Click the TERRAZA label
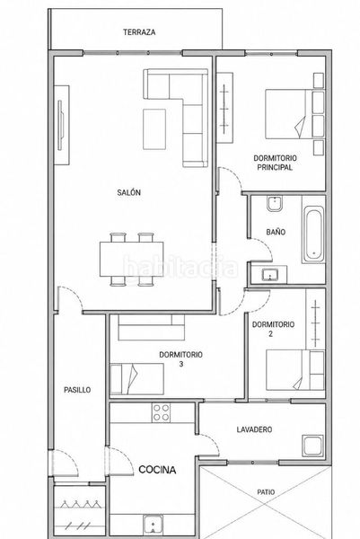(x=139, y=32)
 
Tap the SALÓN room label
(x=128, y=192)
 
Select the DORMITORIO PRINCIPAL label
(x=275, y=163)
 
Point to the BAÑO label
(x=276, y=232)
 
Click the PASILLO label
(x=77, y=390)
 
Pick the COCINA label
(x=157, y=470)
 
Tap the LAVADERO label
(x=254, y=429)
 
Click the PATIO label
(x=267, y=492)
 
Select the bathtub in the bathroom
(x=313, y=234)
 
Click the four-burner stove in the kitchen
(x=161, y=412)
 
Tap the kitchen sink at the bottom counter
(x=153, y=525)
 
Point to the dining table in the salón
(x=132, y=260)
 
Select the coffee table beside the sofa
(x=154, y=129)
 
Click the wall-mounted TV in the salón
(x=60, y=125)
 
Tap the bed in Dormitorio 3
(x=136, y=379)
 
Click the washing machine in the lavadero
(x=312, y=446)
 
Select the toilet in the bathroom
(x=274, y=204)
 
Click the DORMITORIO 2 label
(x=273, y=329)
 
